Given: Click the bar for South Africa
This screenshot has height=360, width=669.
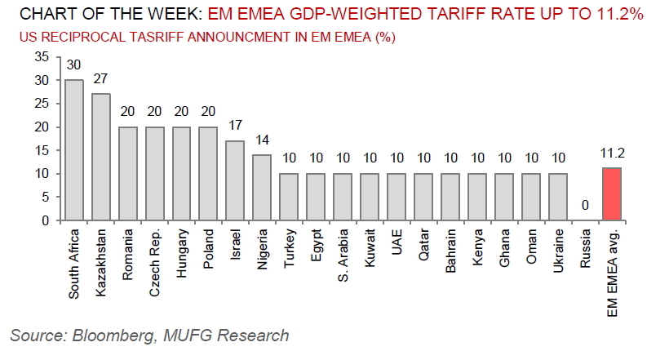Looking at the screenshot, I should (x=74, y=150).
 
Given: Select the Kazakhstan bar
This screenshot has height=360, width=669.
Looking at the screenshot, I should (x=101, y=157).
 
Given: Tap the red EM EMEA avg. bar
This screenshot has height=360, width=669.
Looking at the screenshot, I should (x=612, y=194).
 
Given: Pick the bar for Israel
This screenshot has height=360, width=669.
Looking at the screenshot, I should (x=235, y=180).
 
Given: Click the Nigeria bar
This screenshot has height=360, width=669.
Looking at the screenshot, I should (x=262, y=188).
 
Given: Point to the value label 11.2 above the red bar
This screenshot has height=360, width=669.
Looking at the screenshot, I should (x=612, y=153).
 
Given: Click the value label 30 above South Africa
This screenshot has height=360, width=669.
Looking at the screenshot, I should (x=74, y=64).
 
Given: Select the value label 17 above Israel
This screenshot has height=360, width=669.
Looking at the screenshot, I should (x=235, y=126).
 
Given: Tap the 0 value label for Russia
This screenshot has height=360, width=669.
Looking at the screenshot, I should (x=585, y=207).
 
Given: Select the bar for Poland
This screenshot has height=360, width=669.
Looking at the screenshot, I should (x=209, y=174).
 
